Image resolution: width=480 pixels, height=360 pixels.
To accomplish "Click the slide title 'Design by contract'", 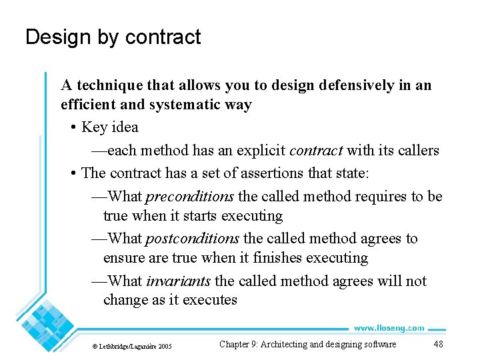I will [113, 37].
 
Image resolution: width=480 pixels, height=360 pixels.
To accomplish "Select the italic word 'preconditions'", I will [189, 196].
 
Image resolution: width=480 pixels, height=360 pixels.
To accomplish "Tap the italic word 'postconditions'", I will [192, 239].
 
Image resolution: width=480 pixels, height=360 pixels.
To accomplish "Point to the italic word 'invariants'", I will [178, 281].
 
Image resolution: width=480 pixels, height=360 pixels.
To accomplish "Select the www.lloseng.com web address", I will [389, 328].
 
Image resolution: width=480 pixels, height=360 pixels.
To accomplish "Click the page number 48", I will [438, 344].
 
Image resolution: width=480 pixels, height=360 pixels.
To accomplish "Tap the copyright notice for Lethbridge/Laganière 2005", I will [131, 346].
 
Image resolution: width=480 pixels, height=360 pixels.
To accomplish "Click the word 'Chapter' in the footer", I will [234, 344].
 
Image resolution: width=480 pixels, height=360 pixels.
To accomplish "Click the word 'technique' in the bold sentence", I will [109, 85].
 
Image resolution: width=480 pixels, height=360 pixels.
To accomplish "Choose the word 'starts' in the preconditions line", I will [201, 216].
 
